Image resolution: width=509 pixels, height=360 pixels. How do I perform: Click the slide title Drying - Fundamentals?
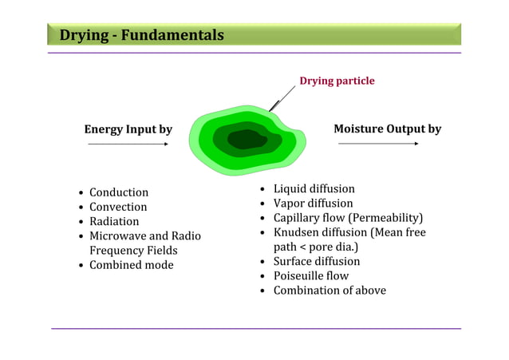(x=141, y=35)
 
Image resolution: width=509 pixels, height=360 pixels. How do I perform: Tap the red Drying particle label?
(x=336, y=81)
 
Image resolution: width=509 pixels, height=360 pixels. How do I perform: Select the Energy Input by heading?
(x=128, y=129)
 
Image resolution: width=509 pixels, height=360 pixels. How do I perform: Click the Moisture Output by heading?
(x=387, y=129)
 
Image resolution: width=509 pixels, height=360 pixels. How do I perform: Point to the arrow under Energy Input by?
(x=128, y=144)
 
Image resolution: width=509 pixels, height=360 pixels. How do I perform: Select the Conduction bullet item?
(x=118, y=192)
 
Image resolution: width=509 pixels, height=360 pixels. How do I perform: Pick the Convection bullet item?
(x=118, y=207)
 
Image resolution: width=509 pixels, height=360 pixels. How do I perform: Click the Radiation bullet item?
(x=114, y=221)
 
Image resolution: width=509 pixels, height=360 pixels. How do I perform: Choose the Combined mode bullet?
(x=131, y=265)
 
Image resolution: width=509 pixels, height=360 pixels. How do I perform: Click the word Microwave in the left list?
(x=117, y=236)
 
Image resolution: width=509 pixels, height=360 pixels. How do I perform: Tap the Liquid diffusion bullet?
(x=314, y=189)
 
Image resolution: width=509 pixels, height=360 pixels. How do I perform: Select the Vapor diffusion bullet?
(x=313, y=204)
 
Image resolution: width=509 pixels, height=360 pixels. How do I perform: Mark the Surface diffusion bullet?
(x=316, y=261)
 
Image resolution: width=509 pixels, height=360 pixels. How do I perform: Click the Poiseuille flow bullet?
(x=310, y=275)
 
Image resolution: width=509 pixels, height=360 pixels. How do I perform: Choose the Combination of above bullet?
(x=329, y=291)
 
